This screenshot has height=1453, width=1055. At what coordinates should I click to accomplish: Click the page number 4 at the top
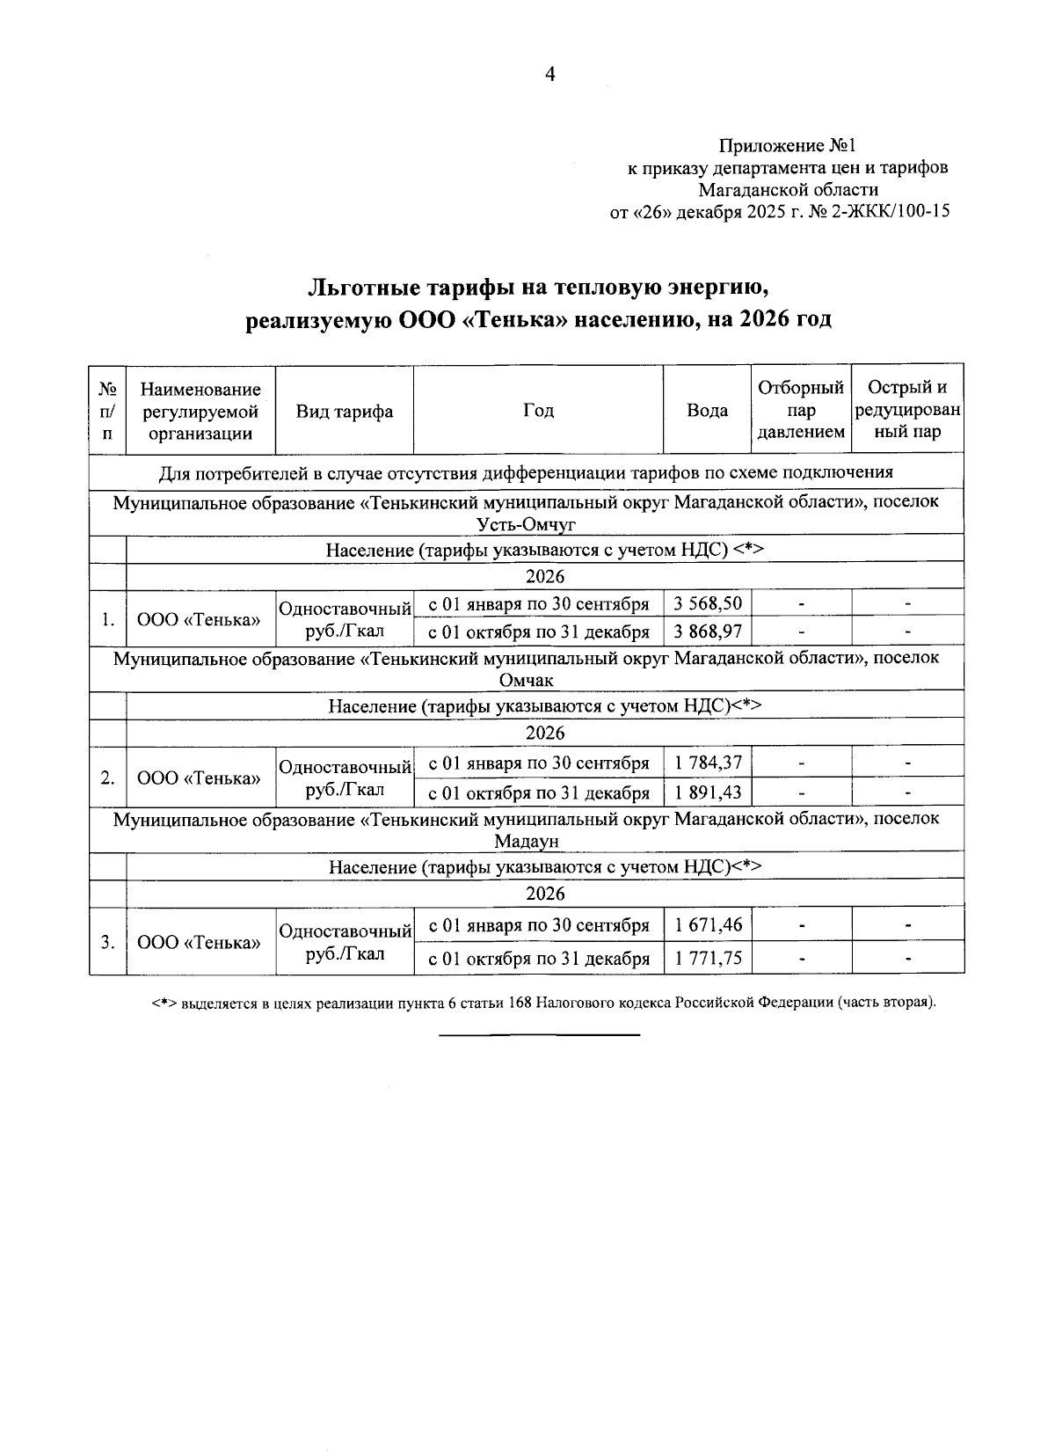550,75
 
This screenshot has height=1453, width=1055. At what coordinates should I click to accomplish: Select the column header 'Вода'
707,411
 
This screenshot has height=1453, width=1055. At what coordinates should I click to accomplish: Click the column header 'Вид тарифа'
344,412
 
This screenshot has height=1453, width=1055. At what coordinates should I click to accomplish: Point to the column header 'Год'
538,411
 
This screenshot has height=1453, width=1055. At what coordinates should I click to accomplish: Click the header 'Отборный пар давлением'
801,410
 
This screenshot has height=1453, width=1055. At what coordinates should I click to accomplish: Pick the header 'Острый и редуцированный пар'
907,410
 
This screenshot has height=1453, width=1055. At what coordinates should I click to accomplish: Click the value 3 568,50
708,603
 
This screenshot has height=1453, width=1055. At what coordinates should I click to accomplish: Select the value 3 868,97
708,632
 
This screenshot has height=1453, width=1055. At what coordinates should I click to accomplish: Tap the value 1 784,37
708,763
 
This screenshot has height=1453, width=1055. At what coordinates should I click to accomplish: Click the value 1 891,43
708,792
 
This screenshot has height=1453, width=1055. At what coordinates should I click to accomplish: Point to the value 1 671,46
708,924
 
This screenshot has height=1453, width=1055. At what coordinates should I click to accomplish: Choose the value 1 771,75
708,958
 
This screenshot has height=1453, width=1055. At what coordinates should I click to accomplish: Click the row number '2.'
107,778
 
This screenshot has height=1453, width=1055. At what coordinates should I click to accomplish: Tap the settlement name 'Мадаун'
527,841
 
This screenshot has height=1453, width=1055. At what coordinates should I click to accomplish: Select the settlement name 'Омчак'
527,680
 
